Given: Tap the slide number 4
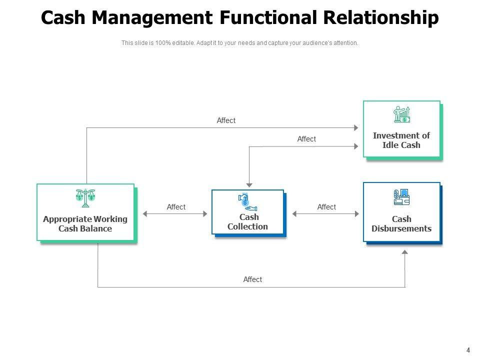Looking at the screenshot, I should click(468, 350).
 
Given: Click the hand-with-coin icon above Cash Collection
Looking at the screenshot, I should click(247, 201).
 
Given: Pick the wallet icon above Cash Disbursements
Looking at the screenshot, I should click(401, 197).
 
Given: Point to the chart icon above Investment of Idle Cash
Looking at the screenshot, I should click(401, 114).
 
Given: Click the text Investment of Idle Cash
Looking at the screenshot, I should click(401, 140).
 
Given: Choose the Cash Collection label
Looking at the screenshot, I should click(248, 222).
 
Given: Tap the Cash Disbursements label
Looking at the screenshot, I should click(401, 224).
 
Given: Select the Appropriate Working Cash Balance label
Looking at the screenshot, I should click(85, 224).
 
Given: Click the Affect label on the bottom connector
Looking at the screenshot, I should click(252, 279).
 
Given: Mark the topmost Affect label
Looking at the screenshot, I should click(226, 120).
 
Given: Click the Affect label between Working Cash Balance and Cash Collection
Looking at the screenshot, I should click(176, 207).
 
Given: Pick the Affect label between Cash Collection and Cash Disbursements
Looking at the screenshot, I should click(326, 207).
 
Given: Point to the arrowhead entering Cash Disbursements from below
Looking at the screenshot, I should click(404, 252).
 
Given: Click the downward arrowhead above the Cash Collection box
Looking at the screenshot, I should click(249, 185).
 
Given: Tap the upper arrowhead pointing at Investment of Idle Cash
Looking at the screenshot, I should click(356, 127).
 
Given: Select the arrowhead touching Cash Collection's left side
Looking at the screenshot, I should click(204, 214).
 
